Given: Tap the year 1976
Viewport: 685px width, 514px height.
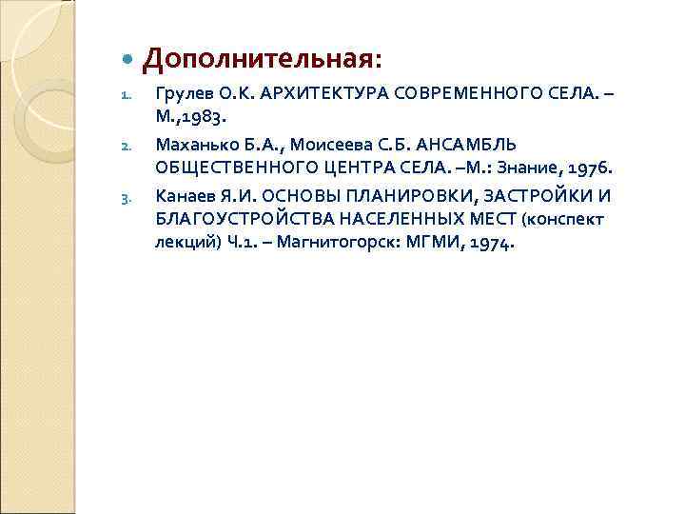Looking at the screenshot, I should tap(592, 168).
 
